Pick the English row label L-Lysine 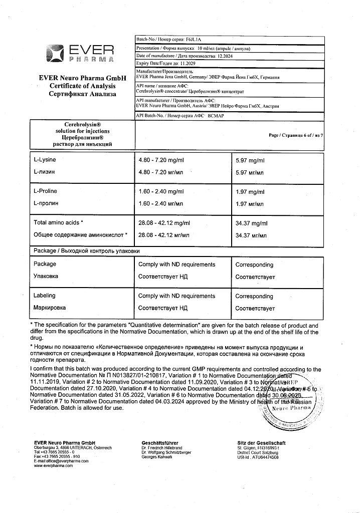point(45,160)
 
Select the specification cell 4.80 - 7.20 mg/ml point(161,160)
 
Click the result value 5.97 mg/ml point(250,160)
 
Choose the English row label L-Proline point(46,191)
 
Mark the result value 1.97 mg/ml point(250,192)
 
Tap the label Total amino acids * point(58,222)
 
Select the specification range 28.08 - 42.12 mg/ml point(164,222)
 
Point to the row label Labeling point(45,296)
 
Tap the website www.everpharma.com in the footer point(53,465)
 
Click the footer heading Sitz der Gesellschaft point(261,443)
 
